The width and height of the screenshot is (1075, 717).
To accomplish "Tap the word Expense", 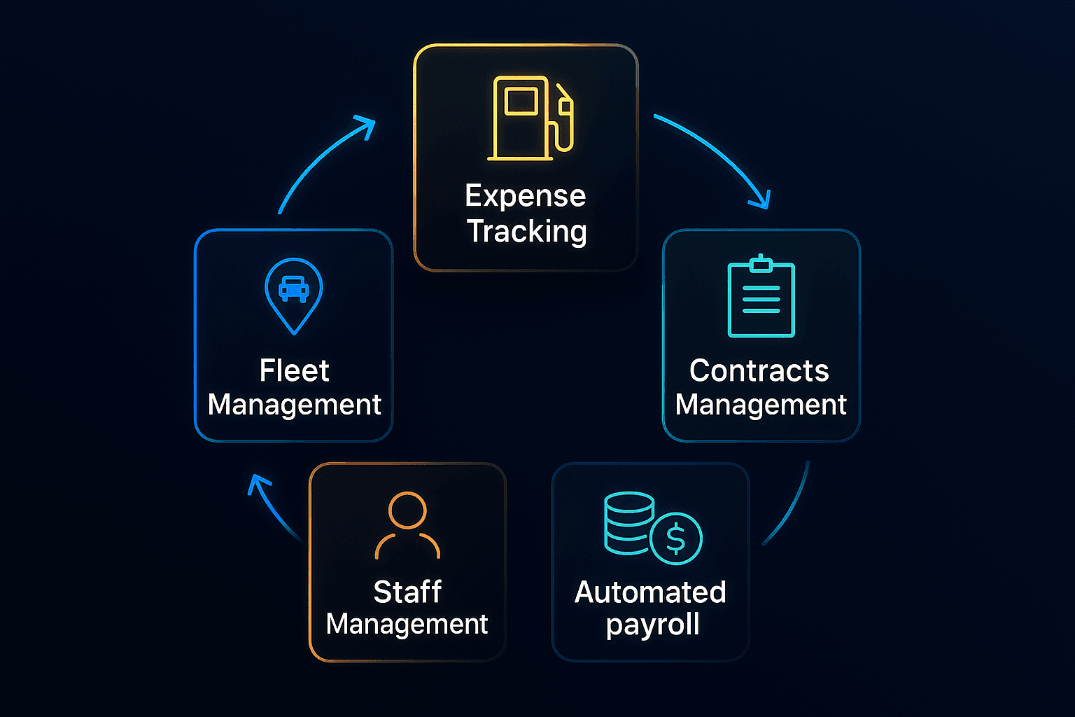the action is pos(525,196).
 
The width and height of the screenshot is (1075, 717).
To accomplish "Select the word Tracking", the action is pos(526,231).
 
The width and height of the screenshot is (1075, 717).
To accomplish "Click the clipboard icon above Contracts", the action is pos(761,298).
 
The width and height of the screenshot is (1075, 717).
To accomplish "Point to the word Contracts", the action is pos(759,370).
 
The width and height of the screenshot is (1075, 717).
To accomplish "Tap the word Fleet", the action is pos(294,370).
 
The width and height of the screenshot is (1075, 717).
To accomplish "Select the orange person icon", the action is pos(407,525).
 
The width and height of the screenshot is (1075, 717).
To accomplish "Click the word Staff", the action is pos(407,592).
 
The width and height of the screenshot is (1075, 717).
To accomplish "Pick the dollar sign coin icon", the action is pos(675,538).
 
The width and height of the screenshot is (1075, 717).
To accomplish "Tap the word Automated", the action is pos(650,592).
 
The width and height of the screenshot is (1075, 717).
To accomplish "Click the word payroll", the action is pos(652,625).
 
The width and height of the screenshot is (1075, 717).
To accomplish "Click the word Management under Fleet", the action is pos(294,405).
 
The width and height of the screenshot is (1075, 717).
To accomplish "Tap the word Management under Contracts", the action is pos(761,405).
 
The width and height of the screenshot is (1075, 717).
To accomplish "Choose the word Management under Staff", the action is pos(407,624).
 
